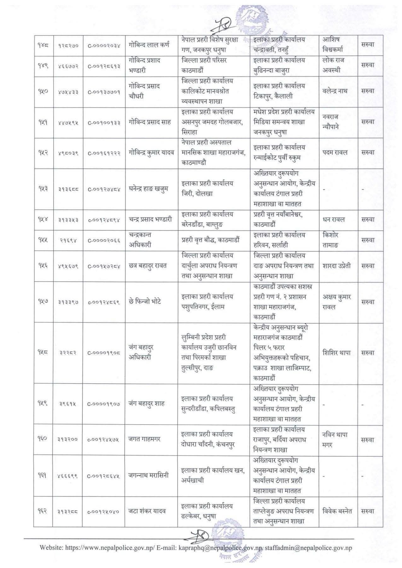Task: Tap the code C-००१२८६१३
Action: pyautogui.click(x=104, y=66)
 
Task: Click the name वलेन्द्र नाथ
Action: pyautogui.click(x=335, y=91)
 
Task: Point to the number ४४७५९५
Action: pyautogui.click(x=68, y=122)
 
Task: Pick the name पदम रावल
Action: pyautogui.click(x=335, y=152)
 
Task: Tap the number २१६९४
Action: pyautogui.click(x=68, y=240)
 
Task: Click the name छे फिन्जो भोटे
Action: pyautogui.click(x=145, y=302)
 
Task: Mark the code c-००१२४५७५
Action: pyautogui.click(x=104, y=440)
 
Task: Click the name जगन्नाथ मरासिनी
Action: pyautogui.click(x=148, y=475)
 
